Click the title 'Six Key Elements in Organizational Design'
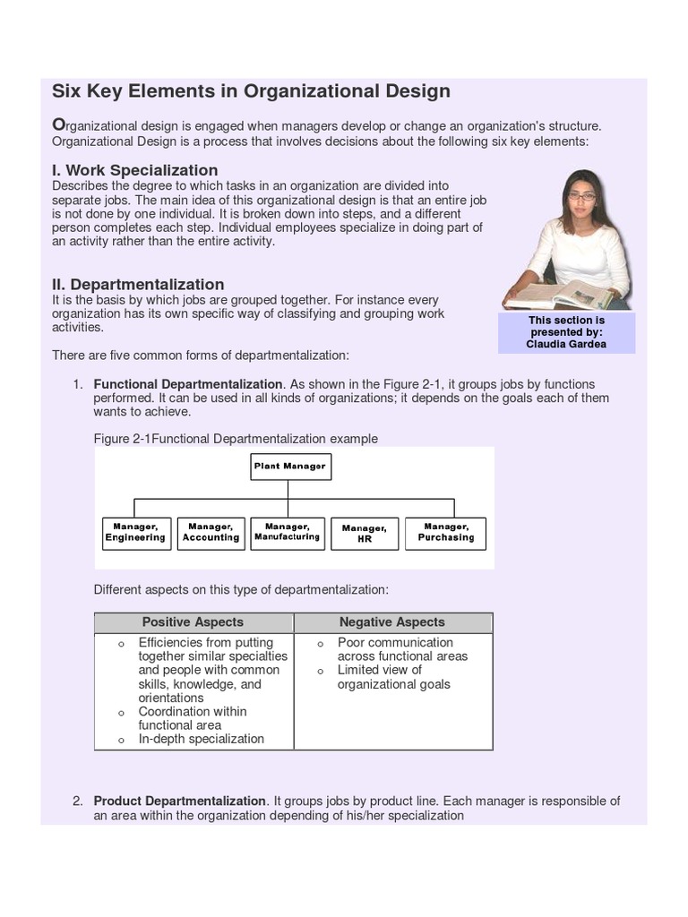(x=251, y=91)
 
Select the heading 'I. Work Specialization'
(x=134, y=170)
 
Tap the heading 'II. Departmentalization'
(x=138, y=285)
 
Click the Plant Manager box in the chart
(x=289, y=467)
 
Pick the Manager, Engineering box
(x=135, y=533)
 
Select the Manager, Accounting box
(x=211, y=533)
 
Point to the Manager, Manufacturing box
(x=287, y=533)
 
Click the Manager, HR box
(x=364, y=534)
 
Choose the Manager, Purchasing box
(x=445, y=533)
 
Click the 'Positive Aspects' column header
(x=193, y=622)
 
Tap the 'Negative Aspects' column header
(x=391, y=622)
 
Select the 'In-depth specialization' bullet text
(x=201, y=739)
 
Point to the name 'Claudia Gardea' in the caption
(x=566, y=344)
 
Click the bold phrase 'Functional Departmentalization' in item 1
(x=188, y=384)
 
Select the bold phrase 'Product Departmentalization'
(x=180, y=801)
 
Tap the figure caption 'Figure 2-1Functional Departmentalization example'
(x=236, y=439)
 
